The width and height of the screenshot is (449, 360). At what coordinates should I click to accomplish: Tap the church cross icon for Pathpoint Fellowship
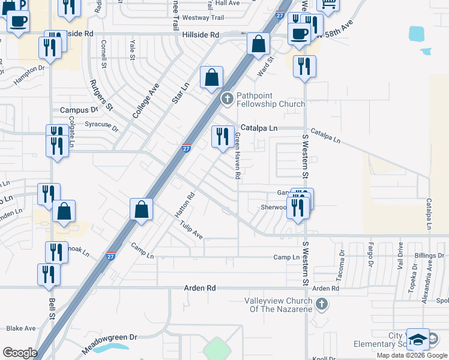228,99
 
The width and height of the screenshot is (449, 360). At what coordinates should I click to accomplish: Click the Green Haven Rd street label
237,157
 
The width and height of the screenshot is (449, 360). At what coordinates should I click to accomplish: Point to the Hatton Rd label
186,205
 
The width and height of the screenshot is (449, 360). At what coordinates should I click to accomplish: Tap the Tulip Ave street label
191,229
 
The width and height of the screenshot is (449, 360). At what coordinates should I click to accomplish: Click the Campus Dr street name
79,110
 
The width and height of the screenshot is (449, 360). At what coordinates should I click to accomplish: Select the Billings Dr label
429,256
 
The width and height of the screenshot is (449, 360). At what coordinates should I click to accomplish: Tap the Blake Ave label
21,328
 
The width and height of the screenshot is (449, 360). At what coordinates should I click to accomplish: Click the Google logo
19,353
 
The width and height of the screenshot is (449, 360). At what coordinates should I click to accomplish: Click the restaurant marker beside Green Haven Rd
222,137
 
